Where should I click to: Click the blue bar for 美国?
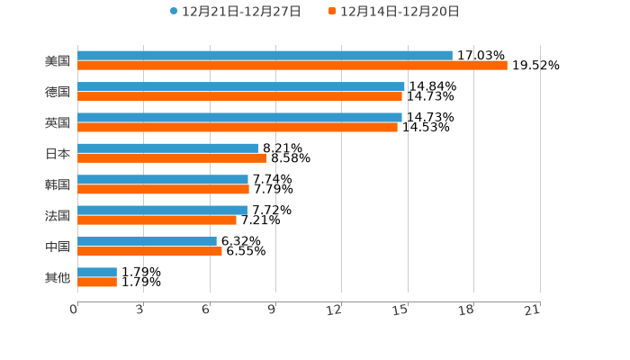click(x=265, y=56)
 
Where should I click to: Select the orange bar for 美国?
click(x=292, y=66)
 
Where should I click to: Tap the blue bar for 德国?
click(x=241, y=86)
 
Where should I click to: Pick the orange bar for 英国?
click(x=238, y=128)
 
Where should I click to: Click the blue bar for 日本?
click(x=167, y=148)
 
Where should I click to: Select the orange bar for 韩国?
click(x=163, y=190)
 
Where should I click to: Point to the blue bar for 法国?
click(x=162, y=210)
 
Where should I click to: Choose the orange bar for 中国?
click(x=149, y=251)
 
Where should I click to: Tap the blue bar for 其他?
click(x=97, y=272)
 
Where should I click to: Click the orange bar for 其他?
click(x=97, y=282)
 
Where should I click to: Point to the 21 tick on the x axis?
click(x=533, y=310)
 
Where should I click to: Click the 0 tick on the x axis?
click(x=74, y=310)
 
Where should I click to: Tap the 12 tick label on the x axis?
click(x=335, y=310)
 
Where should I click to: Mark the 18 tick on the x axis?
click(x=466, y=310)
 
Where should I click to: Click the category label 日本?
click(x=58, y=154)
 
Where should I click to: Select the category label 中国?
click(x=58, y=247)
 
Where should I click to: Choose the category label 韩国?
click(x=58, y=184)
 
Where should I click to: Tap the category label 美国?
click(x=58, y=61)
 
